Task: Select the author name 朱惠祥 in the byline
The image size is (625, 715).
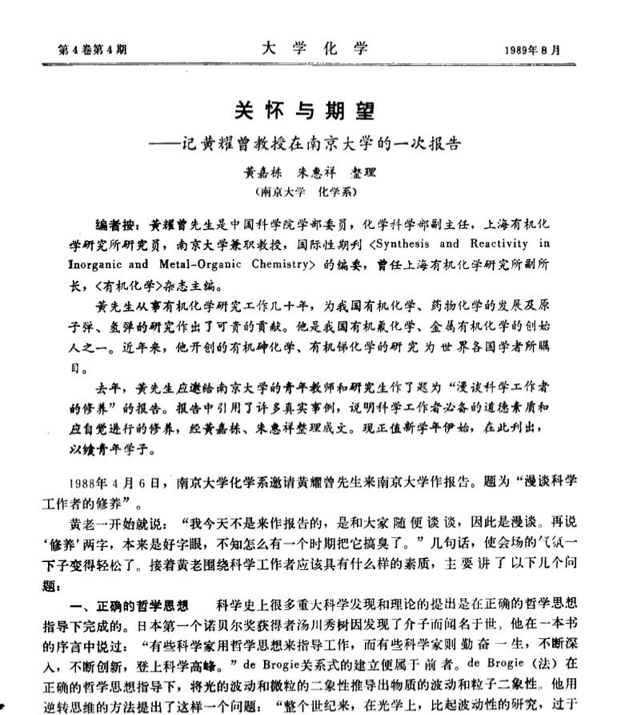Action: click(309, 175)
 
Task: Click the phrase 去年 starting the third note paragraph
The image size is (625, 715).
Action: click(108, 389)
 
